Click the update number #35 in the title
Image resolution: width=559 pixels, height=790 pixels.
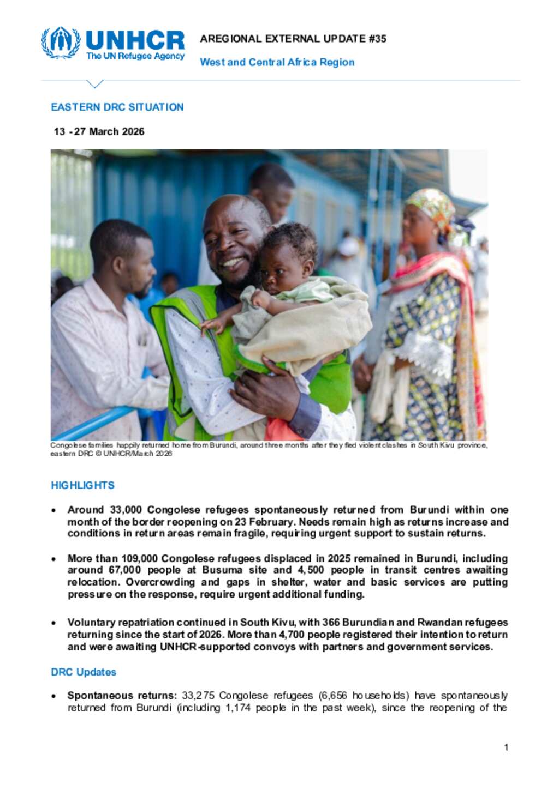click(377, 39)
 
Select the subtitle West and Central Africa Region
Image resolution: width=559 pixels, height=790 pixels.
click(277, 62)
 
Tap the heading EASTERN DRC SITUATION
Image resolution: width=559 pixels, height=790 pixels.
click(117, 107)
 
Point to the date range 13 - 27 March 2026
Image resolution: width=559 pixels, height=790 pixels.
click(99, 131)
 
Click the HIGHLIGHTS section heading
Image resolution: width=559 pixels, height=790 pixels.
click(82, 485)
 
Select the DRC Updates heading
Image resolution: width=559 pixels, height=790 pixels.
click(83, 672)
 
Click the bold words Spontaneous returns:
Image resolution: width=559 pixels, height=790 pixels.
click(122, 696)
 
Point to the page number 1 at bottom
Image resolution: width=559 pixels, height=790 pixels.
click(506, 747)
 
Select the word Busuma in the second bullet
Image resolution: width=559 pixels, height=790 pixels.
click(222, 570)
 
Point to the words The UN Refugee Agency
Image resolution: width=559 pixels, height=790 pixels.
click(135, 56)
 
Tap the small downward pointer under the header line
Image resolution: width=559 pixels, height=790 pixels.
click(94, 84)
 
